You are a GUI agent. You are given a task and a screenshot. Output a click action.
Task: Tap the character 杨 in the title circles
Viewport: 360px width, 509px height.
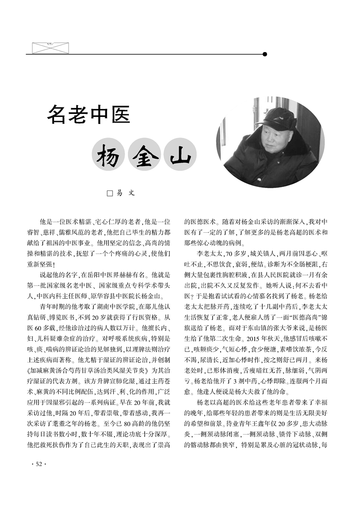pyautogui.click(x=108, y=157)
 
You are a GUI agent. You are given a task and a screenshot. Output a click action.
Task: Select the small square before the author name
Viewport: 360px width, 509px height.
pyautogui.click(x=109, y=193)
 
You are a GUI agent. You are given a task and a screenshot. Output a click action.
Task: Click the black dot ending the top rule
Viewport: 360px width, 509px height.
pyautogui.click(x=265, y=54)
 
